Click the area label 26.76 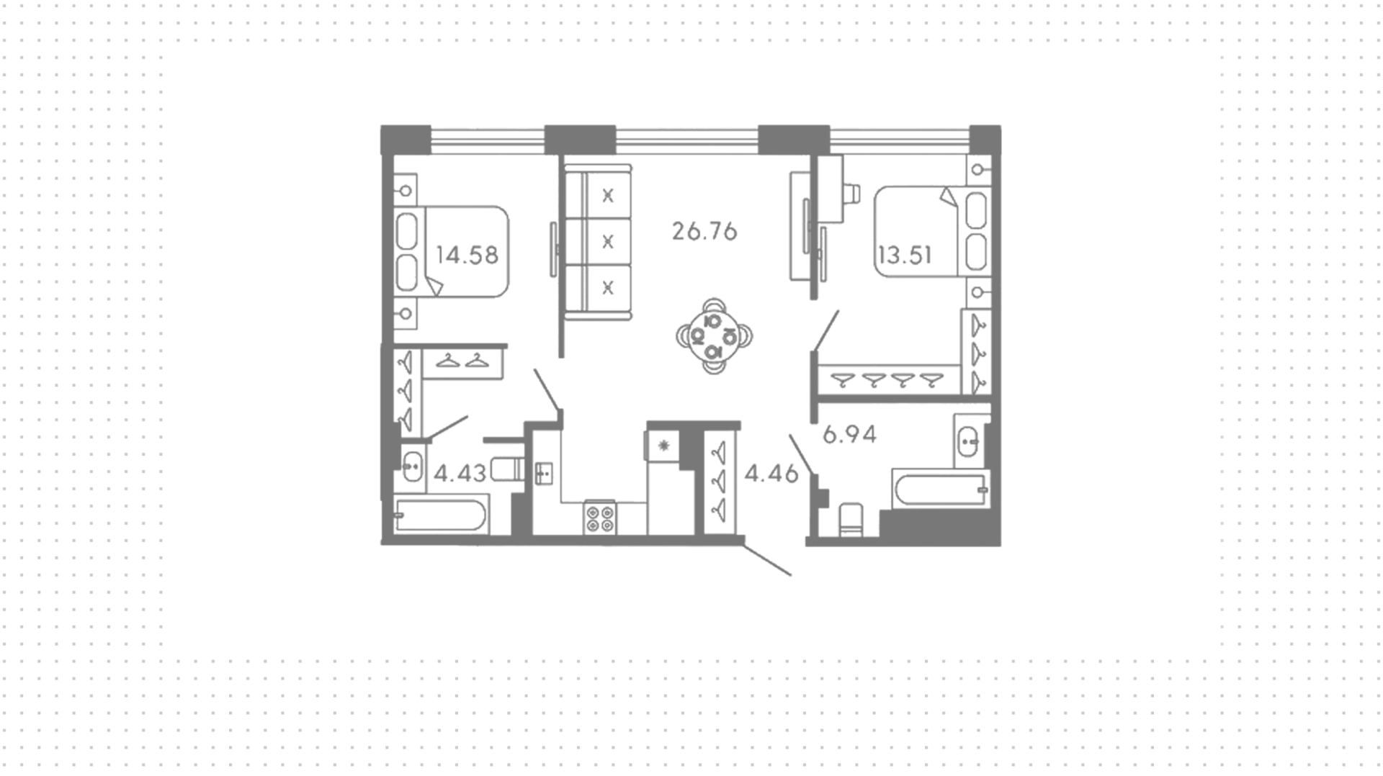(x=704, y=231)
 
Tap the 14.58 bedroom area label (x=467, y=255)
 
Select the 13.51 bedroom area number (x=905, y=255)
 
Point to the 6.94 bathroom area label (x=849, y=434)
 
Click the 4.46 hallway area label (x=771, y=473)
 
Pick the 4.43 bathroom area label (x=460, y=473)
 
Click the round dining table (x=714, y=335)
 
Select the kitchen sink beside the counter (x=544, y=473)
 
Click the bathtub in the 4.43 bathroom (x=440, y=515)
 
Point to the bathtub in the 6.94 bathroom (x=940, y=489)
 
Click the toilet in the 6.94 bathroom (x=851, y=520)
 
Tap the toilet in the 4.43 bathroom (x=508, y=470)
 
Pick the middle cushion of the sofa (x=608, y=241)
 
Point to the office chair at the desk (x=851, y=193)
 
